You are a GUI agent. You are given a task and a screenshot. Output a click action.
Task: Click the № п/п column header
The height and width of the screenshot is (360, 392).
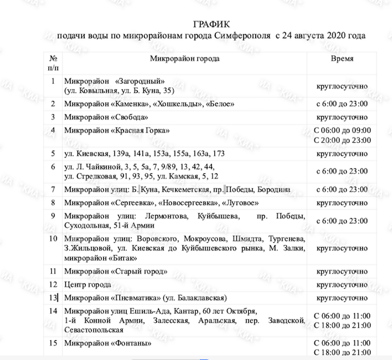pyautogui.click(x=53, y=62)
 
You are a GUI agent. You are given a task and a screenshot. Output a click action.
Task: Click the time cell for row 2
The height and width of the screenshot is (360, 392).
pyautogui.click(x=342, y=104)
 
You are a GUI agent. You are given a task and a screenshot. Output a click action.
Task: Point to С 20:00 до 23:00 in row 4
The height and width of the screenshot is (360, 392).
pyautogui.click(x=342, y=140)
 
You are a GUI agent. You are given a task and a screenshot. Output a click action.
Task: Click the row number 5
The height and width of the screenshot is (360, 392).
pyautogui.click(x=53, y=153)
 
